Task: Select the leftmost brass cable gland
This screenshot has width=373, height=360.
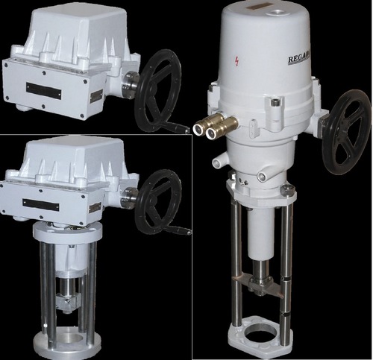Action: point(199,127)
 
